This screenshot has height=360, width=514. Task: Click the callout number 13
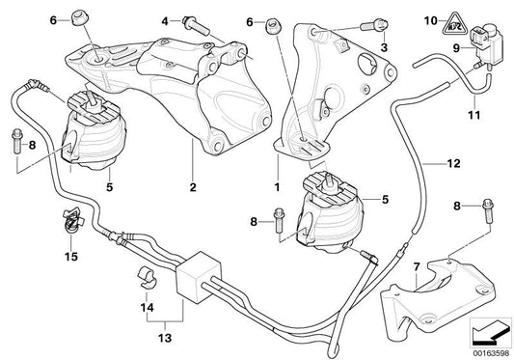tap(149, 339)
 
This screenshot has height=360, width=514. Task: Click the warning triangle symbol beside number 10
tap(485, 16)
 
